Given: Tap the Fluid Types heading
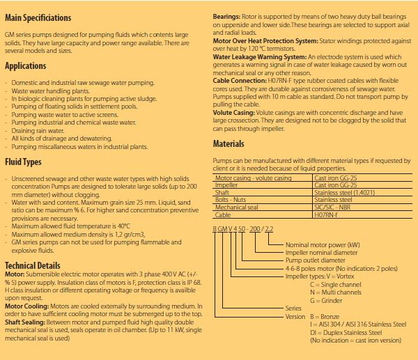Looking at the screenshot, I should (x=23, y=162).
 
